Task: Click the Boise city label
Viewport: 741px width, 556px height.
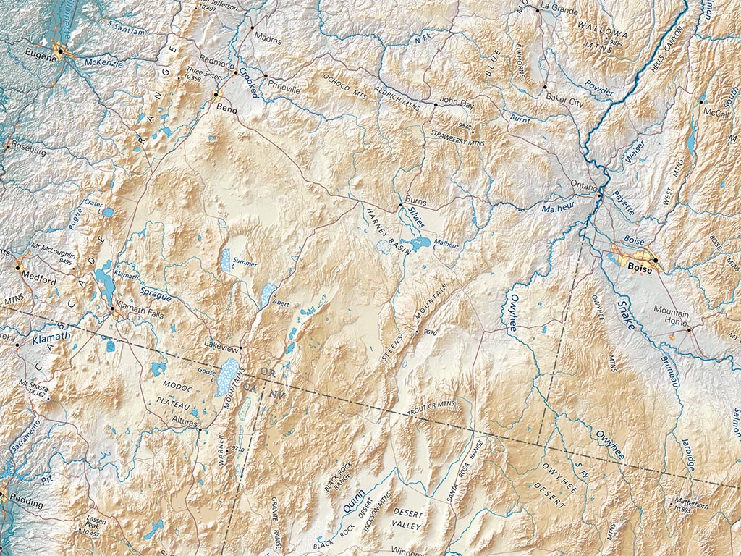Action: [640, 269]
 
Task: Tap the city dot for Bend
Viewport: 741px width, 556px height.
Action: [216, 94]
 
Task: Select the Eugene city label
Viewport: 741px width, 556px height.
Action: [41, 54]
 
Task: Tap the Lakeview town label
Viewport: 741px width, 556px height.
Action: [221, 342]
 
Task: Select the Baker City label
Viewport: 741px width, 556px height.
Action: [564, 104]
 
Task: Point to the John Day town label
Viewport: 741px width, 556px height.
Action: [456, 104]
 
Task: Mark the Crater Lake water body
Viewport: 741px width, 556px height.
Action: [108, 213]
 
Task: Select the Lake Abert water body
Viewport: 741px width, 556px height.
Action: [268, 293]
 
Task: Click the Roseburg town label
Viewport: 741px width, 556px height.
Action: [28, 153]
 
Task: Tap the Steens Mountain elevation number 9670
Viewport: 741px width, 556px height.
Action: [431, 332]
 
